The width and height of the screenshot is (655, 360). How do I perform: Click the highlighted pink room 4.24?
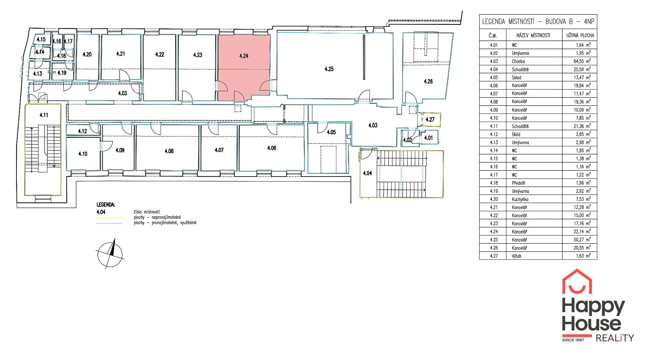tap(244, 67)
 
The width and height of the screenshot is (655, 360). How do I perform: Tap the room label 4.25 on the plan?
tap(329, 69)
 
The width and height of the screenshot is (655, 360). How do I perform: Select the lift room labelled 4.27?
tap(430, 120)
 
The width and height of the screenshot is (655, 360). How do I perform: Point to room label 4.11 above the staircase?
tap(44, 115)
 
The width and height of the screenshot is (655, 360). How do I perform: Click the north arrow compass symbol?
tap(110, 254)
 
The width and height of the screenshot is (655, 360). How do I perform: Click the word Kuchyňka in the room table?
tap(520, 199)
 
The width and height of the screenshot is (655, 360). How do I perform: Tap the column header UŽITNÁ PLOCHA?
tap(580, 35)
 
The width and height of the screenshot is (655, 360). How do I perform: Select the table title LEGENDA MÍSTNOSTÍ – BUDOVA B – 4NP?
tap(538, 22)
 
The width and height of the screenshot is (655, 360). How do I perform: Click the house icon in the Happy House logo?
tap(577, 282)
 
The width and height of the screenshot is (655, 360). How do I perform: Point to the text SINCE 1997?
tap(573, 340)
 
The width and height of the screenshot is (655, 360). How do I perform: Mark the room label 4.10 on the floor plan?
tap(83, 154)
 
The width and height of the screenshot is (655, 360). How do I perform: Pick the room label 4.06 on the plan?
tap(272, 148)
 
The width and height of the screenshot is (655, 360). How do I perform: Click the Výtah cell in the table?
tap(516, 256)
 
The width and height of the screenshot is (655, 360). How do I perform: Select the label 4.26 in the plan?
tap(428, 81)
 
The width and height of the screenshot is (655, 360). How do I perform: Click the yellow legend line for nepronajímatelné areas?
tap(110, 218)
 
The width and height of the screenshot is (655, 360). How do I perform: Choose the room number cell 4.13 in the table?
tap(494, 142)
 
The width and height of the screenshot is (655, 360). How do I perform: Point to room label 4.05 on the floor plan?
tap(331, 132)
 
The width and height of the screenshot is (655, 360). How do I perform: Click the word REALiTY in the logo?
tap(614, 338)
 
